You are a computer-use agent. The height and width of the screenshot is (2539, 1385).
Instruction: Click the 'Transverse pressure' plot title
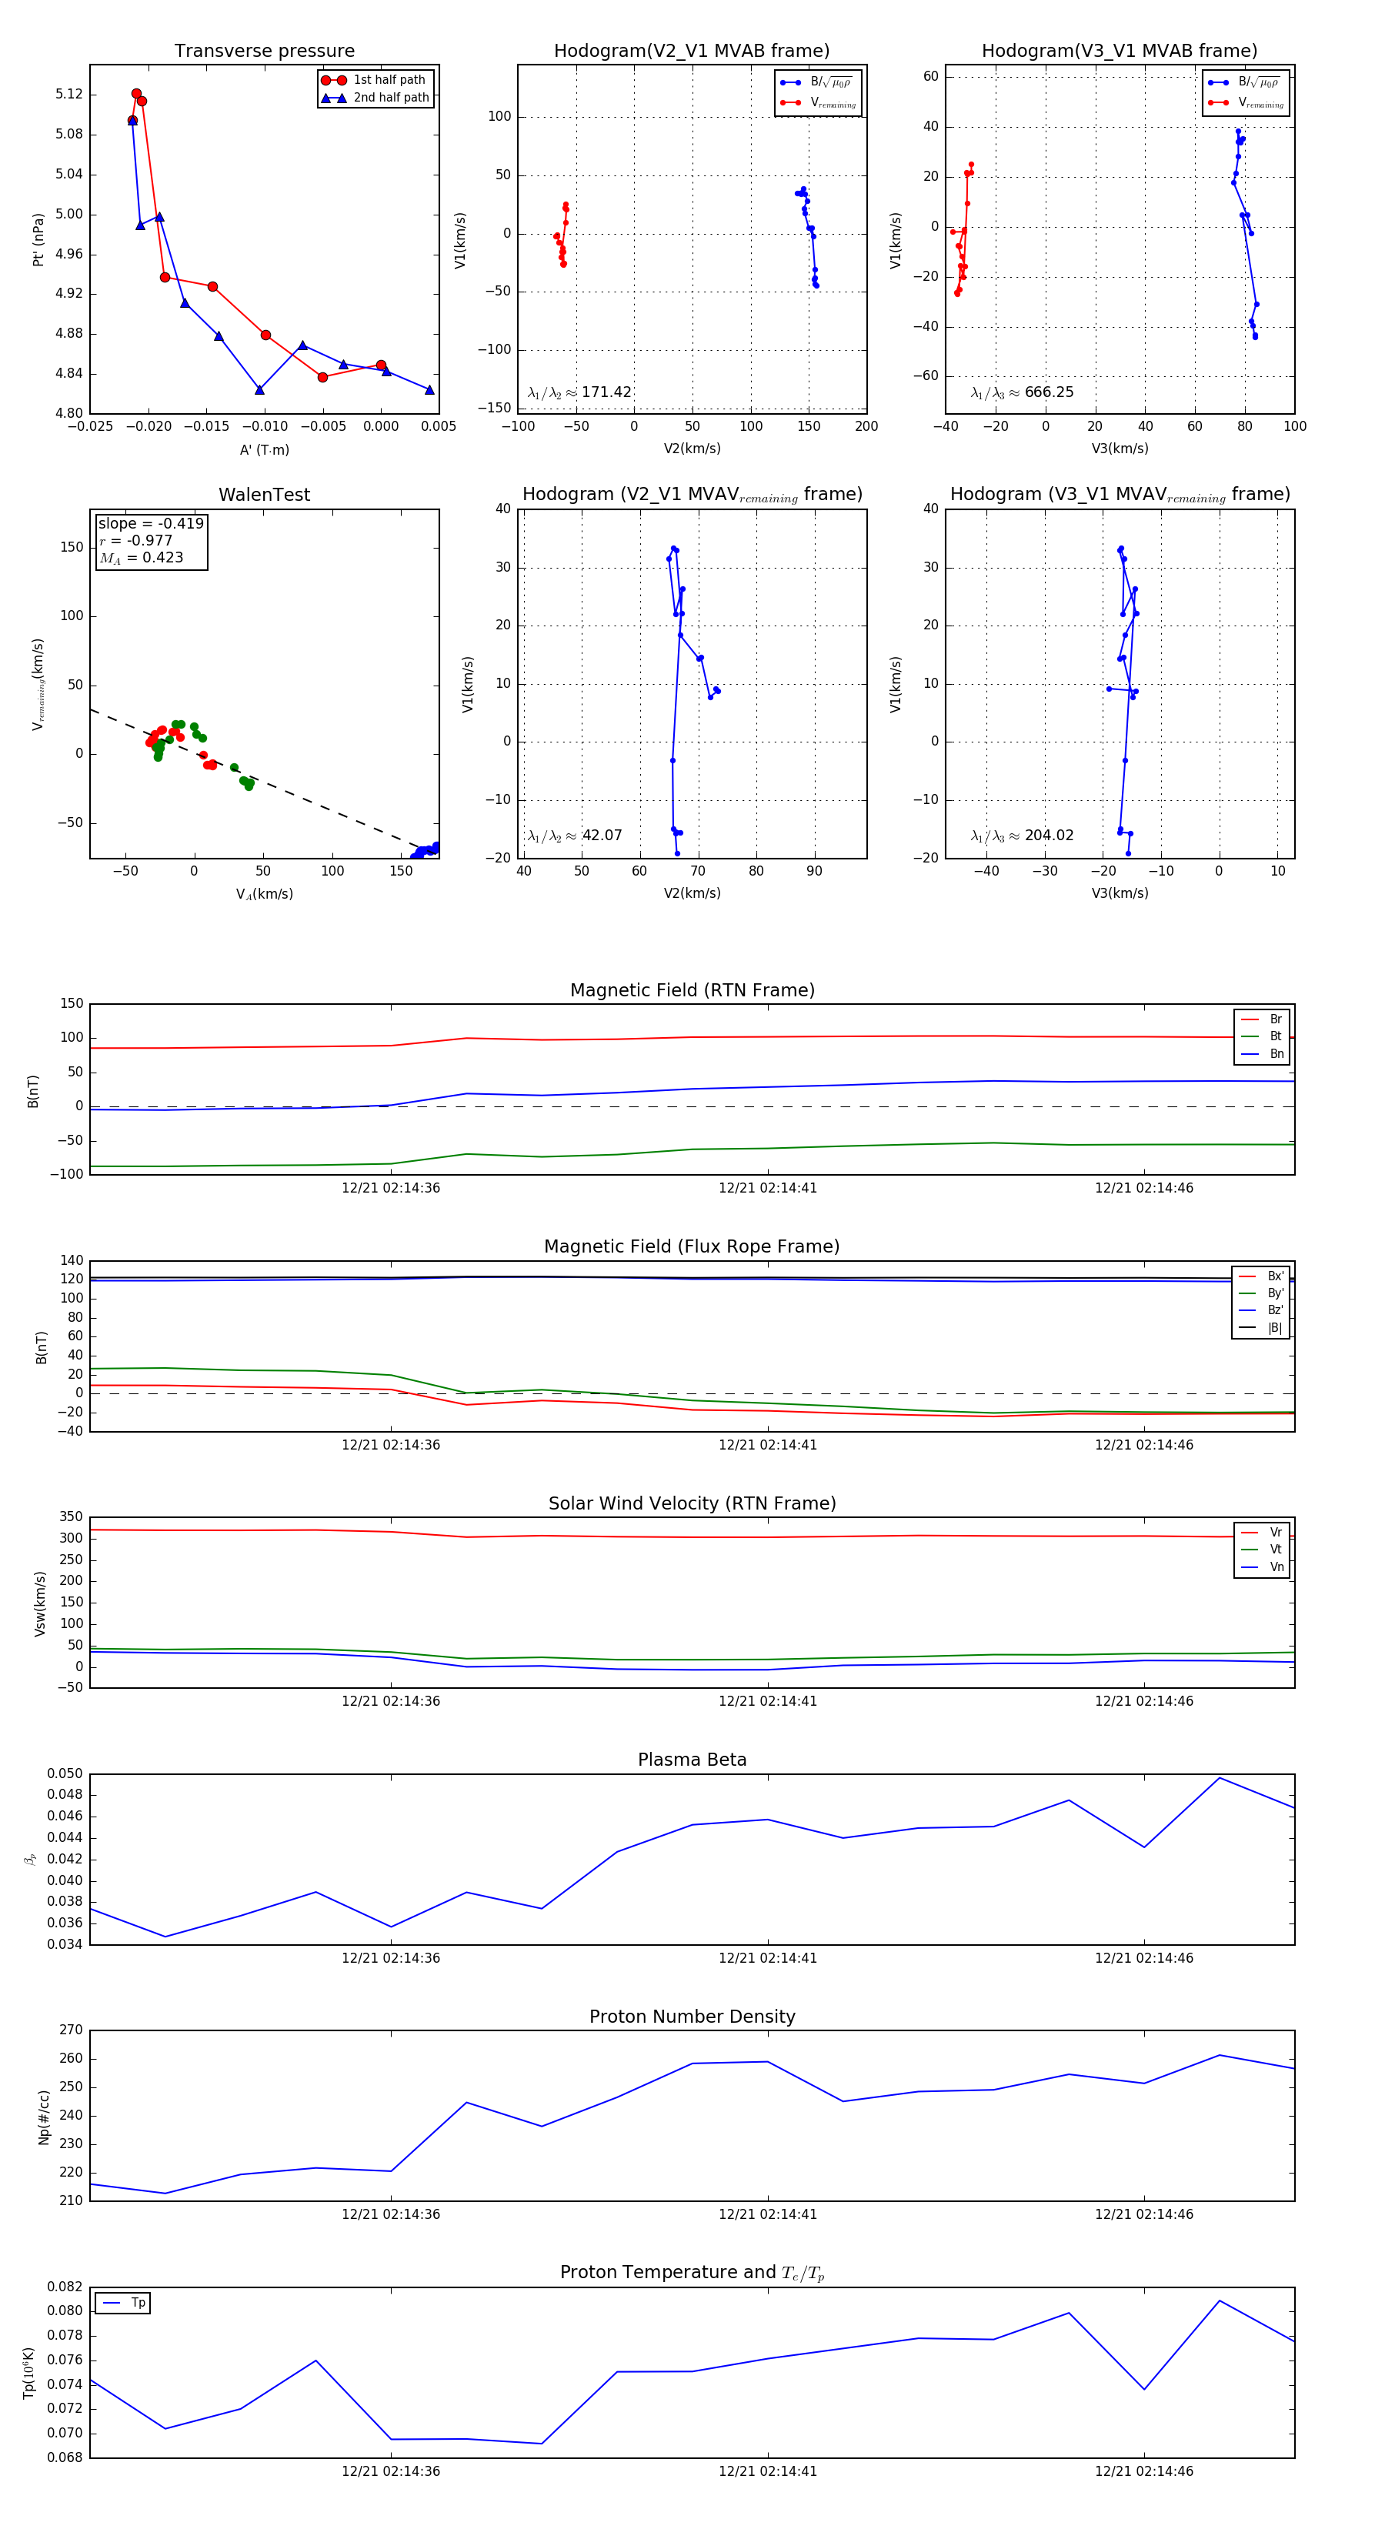(x=264, y=52)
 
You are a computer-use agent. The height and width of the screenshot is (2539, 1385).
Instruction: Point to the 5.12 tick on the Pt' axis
(x=69, y=95)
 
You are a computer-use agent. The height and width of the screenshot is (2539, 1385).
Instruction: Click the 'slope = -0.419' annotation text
(x=151, y=523)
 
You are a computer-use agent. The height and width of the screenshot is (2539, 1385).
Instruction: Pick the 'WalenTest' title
(x=264, y=495)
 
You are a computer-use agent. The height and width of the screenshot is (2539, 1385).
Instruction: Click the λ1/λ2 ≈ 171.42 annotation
(x=579, y=392)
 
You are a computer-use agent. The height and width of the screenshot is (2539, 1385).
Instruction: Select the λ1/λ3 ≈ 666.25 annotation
(x=1023, y=392)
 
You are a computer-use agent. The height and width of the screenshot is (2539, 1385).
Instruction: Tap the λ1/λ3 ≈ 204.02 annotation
(x=1023, y=836)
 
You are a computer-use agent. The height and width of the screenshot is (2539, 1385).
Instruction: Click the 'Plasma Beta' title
(x=692, y=1760)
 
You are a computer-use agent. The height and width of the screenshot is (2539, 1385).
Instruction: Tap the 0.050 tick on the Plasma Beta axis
(x=65, y=1774)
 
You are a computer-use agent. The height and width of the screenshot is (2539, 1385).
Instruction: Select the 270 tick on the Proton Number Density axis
(x=71, y=2030)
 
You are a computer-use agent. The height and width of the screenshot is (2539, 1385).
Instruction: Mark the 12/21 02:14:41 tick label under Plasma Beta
(x=767, y=1958)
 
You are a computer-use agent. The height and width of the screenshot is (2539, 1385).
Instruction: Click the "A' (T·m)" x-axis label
(x=264, y=449)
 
